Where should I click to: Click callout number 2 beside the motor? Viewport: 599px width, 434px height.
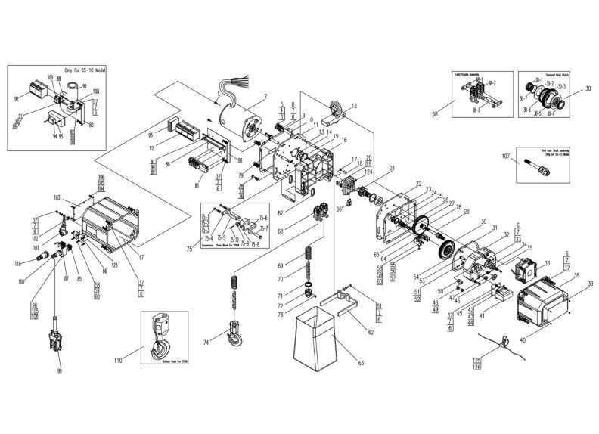pos(265,95)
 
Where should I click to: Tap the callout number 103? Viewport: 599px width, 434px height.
pos(56,197)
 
